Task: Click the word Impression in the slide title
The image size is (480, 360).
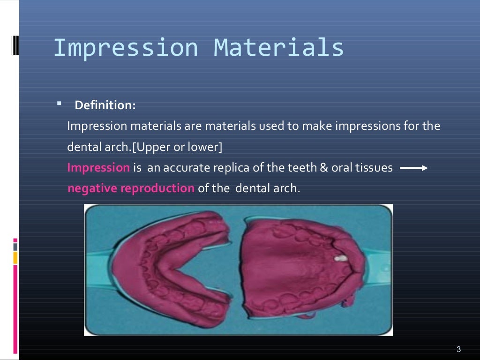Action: click(x=126, y=48)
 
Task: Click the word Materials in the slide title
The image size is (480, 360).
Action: click(x=279, y=48)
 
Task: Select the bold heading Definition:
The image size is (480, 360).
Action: click(x=105, y=105)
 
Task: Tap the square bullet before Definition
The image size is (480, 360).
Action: click(x=59, y=103)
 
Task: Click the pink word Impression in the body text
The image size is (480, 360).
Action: click(x=98, y=168)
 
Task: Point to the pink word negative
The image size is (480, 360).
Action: click(x=92, y=188)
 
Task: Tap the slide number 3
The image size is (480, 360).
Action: click(x=458, y=349)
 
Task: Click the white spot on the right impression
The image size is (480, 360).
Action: click(x=341, y=258)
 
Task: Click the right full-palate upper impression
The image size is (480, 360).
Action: click(x=300, y=272)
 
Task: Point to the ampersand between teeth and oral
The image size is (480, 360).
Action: click(x=323, y=168)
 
